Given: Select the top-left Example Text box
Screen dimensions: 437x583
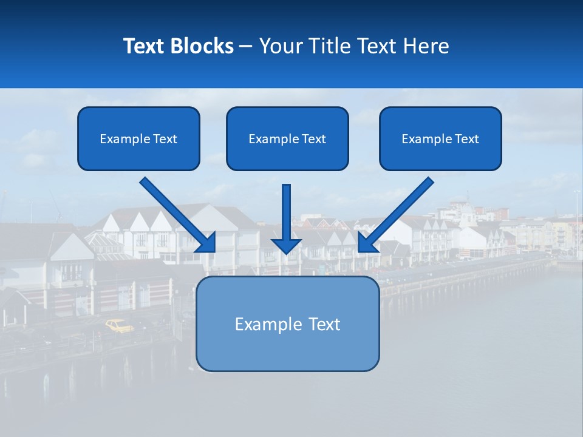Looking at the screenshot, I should (x=138, y=138).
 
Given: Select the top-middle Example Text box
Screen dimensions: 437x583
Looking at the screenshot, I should (x=287, y=138).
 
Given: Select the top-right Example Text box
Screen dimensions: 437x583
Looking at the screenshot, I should (x=440, y=138).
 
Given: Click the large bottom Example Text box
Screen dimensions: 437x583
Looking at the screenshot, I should (x=287, y=324).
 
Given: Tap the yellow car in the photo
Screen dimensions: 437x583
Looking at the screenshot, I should (x=119, y=326).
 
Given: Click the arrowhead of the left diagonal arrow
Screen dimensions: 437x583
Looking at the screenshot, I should (x=206, y=243).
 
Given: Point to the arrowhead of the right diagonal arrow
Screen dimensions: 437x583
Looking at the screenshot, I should (x=367, y=243).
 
